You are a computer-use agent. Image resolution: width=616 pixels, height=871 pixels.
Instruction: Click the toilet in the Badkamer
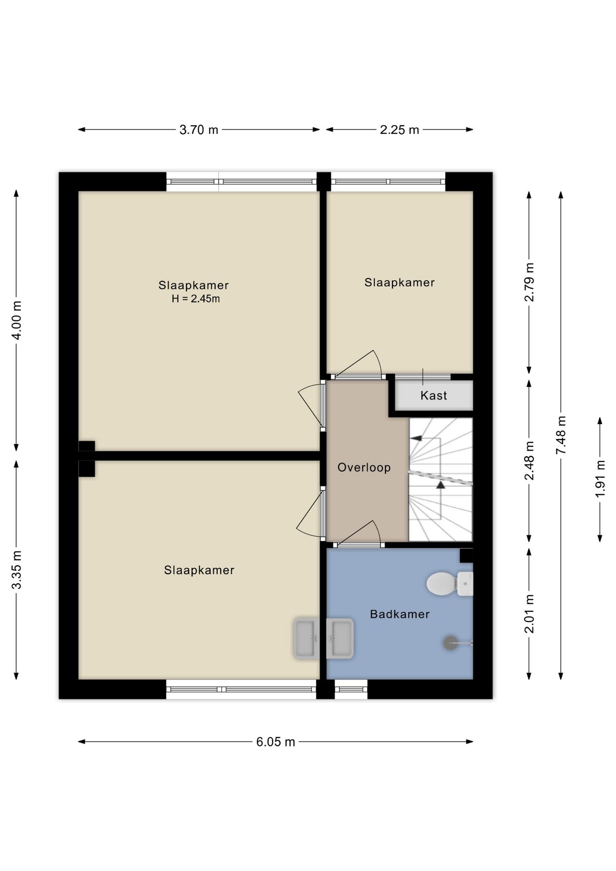(450, 583)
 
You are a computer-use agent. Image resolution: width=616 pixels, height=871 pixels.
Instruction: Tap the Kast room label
(434, 396)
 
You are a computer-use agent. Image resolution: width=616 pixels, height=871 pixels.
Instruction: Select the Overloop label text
(364, 467)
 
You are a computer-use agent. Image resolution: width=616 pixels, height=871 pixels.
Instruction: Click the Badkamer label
(400, 614)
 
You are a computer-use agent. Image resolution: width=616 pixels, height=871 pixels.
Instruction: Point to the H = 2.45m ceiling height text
(196, 298)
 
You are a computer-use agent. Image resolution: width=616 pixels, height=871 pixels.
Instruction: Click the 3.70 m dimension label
(199, 130)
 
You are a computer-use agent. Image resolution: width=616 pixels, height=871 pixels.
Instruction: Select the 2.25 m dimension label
(399, 130)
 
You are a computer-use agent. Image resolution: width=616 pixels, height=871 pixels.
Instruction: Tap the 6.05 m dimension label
(275, 742)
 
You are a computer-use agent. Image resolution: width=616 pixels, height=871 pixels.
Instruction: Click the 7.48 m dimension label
(561, 435)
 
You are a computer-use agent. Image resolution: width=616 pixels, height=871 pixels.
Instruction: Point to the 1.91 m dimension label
(600, 479)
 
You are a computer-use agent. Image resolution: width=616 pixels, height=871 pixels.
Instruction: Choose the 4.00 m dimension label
(16, 320)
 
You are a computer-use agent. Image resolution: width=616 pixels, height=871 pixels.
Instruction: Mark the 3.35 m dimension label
(16, 570)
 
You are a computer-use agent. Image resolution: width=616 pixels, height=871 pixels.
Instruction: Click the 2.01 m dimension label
(529, 614)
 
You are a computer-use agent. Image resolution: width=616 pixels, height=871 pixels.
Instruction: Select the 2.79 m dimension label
(529, 282)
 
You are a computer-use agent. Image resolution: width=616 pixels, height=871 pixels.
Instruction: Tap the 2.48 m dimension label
(529, 460)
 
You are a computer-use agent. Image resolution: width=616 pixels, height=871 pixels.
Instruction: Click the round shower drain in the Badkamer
(450, 643)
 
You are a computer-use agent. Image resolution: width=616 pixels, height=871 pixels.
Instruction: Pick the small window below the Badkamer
(351, 690)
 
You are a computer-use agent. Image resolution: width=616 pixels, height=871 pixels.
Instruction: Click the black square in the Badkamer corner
(466, 556)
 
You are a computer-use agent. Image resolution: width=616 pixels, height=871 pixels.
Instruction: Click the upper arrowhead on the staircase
(416, 438)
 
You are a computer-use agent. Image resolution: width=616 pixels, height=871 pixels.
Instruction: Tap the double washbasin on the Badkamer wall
(323, 638)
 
